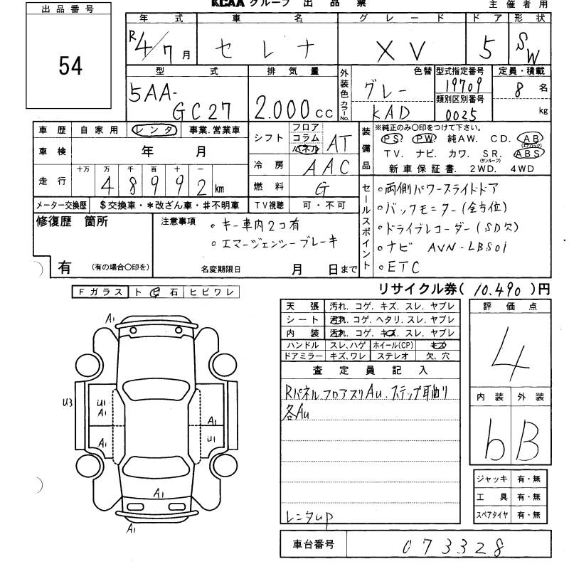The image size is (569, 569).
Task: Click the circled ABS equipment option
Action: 530,153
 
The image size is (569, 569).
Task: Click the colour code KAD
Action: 391,113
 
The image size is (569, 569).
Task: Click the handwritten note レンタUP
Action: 307,517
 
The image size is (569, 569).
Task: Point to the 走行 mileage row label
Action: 52,181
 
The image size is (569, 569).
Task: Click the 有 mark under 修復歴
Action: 64,267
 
